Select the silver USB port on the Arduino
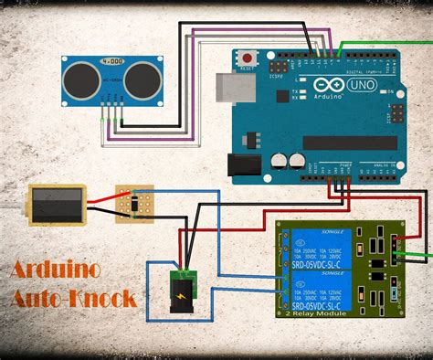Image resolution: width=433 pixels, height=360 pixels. [x=227, y=87]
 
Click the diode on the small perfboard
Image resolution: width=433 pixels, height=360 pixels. [x=136, y=205]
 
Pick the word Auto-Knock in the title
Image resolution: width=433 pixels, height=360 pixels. [x=73, y=297]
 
